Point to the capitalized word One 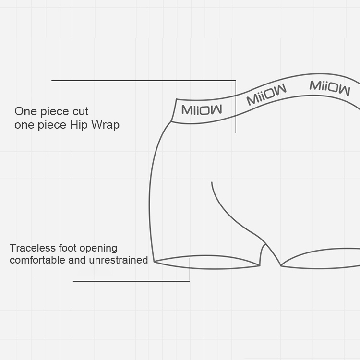[x=25, y=112]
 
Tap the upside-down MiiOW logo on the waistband [x=202, y=110]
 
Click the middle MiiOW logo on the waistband [x=266, y=94]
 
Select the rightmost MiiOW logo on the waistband [x=330, y=87]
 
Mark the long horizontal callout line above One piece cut [x=144, y=81]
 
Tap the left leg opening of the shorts [x=207, y=262]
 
